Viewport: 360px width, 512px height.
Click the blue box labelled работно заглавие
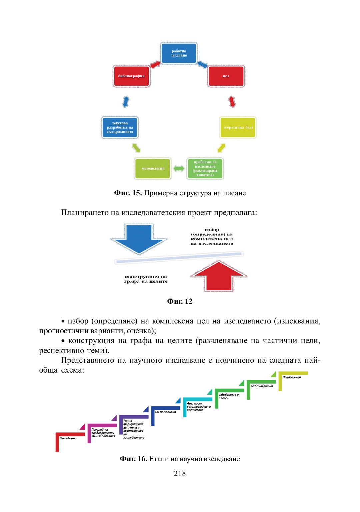179,53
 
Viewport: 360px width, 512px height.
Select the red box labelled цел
226,76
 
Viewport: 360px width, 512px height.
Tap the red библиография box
131,76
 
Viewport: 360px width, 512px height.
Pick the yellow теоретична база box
238,127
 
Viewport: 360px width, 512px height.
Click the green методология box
153,168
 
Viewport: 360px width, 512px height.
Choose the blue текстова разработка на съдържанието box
120,127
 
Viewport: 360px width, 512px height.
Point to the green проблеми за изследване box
205,168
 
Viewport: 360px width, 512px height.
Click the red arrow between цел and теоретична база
232,101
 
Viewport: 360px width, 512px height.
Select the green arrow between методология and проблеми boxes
179,168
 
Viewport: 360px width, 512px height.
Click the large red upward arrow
219,277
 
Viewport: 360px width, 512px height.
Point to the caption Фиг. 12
180,301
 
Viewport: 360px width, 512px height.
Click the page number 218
180,473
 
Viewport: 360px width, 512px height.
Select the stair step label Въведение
67,438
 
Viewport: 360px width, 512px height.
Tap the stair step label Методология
165,412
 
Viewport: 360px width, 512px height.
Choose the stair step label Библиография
262,386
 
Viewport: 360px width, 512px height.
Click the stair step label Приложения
291,377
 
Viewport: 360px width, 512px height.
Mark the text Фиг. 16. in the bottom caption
133,459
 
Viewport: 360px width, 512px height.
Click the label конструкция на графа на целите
146,279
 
